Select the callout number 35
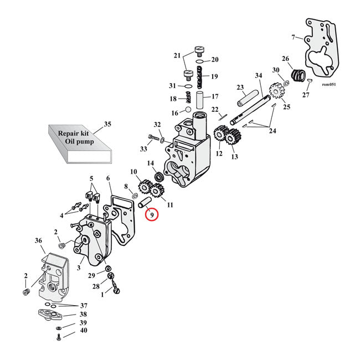(107, 124)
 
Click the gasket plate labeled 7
(318, 53)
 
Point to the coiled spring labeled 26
(299, 75)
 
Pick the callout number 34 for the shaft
(258, 76)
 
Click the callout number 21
(177, 55)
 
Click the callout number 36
(39, 240)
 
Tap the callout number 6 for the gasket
(109, 178)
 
